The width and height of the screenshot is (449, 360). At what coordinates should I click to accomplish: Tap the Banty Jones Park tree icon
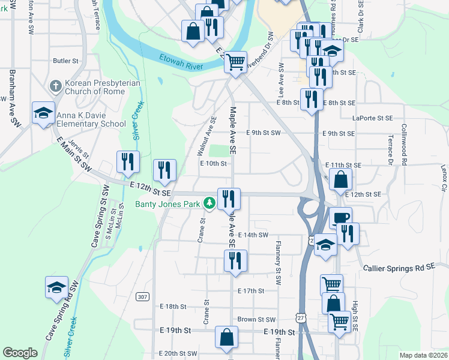tap(209, 203)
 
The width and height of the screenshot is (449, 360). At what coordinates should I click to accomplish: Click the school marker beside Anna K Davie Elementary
tap(43, 113)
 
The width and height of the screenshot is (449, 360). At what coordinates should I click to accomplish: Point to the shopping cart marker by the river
tap(236, 61)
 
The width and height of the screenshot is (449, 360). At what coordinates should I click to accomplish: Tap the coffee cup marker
tap(341, 218)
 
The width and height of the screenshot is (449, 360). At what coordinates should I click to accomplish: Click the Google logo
tap(20, 353)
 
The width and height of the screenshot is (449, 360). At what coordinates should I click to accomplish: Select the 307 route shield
tap(142, 296)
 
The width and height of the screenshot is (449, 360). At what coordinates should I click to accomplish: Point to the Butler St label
tap(66, 61)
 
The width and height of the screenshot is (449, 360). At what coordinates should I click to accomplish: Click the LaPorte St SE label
tap(372, 118)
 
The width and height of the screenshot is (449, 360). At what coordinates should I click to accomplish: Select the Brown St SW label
tap(256, 320)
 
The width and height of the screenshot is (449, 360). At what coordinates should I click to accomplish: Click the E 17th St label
tap(250, 291)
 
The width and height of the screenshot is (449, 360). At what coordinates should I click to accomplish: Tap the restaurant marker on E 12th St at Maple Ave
tap(228, 198)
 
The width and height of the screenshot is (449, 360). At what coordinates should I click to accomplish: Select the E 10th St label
tap(212, 163)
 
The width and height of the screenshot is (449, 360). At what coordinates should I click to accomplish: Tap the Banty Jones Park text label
tap(167, 203)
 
